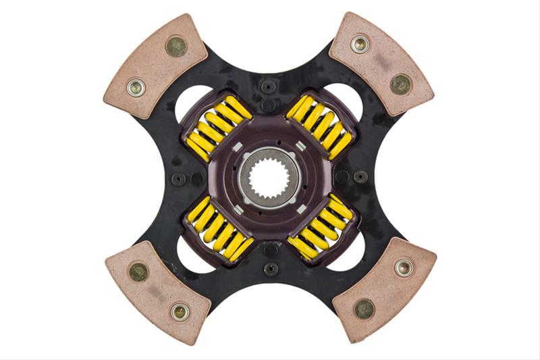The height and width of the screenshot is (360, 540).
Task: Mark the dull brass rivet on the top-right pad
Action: [x=400, y=84]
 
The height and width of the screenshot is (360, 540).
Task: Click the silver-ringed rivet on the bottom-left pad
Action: [x=179, y=311]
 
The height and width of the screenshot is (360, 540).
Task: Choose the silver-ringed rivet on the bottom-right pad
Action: [x=403, y=267]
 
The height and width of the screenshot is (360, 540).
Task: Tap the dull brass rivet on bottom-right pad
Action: [x=364, y=309]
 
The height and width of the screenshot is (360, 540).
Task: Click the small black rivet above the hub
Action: [x=269, y=86]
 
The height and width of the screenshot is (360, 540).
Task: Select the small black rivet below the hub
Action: [x=271, y=268]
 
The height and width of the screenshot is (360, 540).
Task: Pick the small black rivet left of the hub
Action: [x=179, y=179]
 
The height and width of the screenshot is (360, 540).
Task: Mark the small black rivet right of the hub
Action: [x=360, y=176]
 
